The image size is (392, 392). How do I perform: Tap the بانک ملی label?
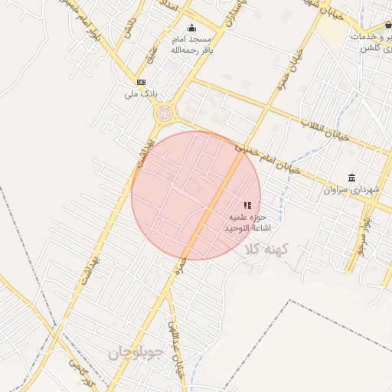[x=141, y=94]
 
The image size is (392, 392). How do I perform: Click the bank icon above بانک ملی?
[x=141, y=82]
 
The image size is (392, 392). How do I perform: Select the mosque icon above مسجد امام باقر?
[x=191, y=28]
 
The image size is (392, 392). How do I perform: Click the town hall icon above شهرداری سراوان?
[x=351, y=178]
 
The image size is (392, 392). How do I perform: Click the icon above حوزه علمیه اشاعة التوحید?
[x=247, y=205]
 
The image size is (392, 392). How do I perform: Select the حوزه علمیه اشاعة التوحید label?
[x=248, y=223]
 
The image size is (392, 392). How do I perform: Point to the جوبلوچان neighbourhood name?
[x=136, y=353]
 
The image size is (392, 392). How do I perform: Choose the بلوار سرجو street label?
[x=360, y=233]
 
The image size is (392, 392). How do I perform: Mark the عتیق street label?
[x=151, y=55]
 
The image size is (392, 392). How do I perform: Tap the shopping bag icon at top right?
[x=389, y=24]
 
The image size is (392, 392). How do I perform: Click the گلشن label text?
[x=376, y=48]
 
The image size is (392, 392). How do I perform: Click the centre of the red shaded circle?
[x=196, y=195]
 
